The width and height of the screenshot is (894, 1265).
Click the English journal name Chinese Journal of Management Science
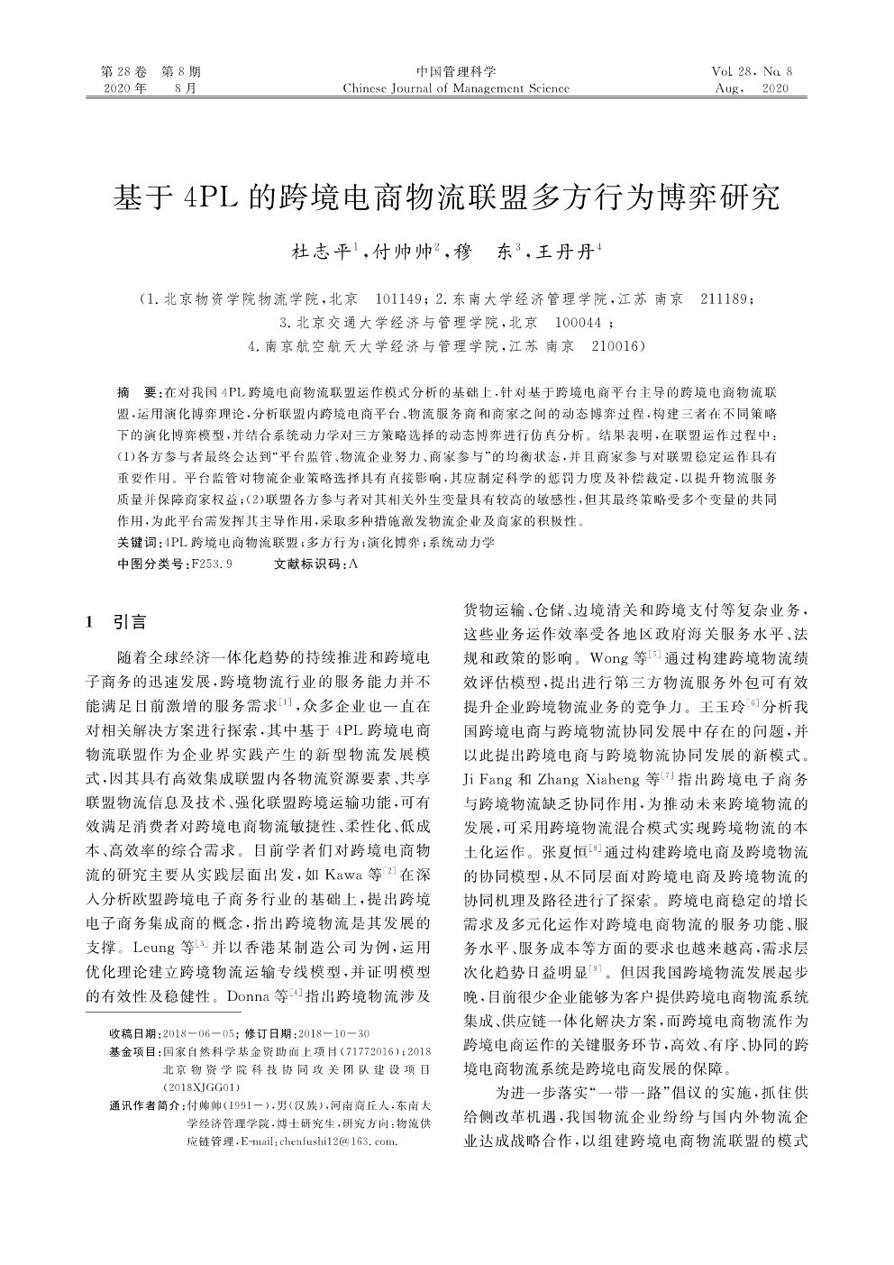click(456, 88)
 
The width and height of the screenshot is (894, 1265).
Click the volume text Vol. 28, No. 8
click(751, 71)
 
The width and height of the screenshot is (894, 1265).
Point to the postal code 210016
click(619, 345)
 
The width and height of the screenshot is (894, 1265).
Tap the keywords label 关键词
click(136, 544)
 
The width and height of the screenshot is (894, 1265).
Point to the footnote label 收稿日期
click(134, 1032)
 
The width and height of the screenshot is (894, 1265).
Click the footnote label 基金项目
click(134, 1051)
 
